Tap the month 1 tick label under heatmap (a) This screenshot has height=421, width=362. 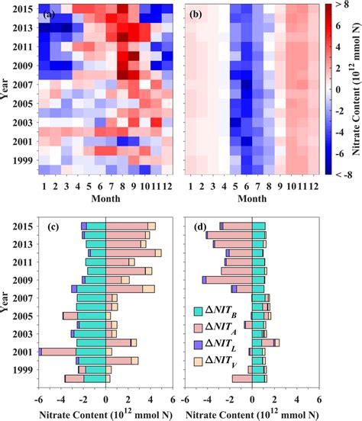coord(44,187)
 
